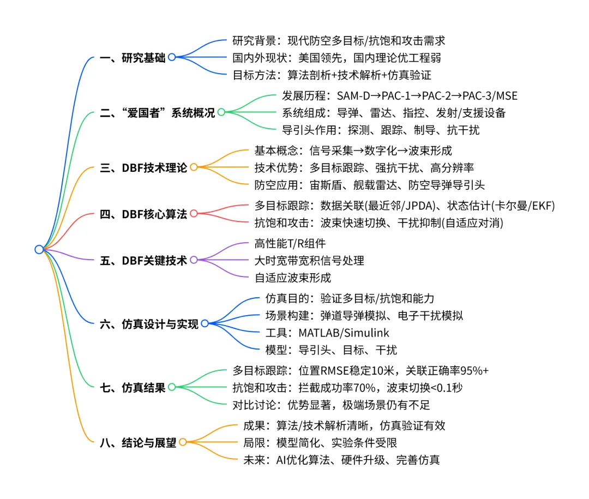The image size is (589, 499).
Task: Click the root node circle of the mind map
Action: [x=39, y=249]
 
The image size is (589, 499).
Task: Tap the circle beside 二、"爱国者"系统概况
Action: [x=221, y=113]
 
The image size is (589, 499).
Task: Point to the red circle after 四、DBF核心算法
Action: [x=194, y=214]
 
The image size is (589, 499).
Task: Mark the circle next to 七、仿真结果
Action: [x=171, y=387]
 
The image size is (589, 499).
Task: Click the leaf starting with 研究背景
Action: [x=339, y=41]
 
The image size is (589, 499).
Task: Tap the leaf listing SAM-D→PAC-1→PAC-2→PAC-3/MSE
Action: [x=399, y=96]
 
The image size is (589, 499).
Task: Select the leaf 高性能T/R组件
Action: [x=290, y=244]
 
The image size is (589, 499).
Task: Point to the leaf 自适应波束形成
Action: [x=293, y=277]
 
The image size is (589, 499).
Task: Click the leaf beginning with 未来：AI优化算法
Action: [x=341, y=460]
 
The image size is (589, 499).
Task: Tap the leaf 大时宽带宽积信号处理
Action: [x=309, y=261]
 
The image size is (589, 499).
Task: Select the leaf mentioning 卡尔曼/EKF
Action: [x=405, y=206]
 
